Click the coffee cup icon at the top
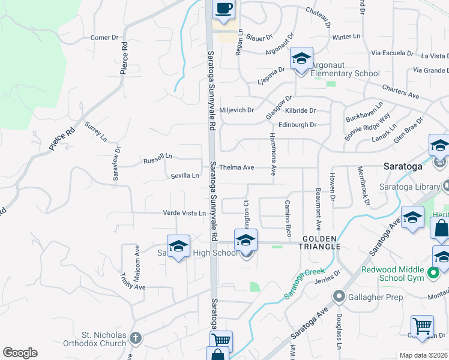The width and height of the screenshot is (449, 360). pyautogui.click(x=224, y=9)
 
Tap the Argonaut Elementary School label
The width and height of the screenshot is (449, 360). pyautogui.click(x=345, y=74)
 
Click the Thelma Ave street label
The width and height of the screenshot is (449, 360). pyautogui.click(x=237, y=167)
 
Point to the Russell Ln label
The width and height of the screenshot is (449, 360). pyautogui.click(x=157, y=161)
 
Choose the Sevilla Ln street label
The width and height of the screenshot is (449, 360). pyautogui.click(x=184, y=176)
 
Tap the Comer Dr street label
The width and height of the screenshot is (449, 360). pyautogui.click(x=104, y=38)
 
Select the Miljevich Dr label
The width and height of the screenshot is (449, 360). pyautogui.click(x=237, y=110)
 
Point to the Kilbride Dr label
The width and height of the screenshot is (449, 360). pyautogui.click(x=301, y=111)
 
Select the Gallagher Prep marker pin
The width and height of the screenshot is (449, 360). pyautogui.click(x=339, y=296)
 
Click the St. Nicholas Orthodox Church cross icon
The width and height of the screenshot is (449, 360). pyautogui.click(x=136, y=338)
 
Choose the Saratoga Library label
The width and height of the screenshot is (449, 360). pyautogui.click(x=409, y=187)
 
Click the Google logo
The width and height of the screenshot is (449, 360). pyautogui.click(x=20, y=353)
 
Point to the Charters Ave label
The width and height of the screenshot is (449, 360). pyautogui.click(x=400, y=92)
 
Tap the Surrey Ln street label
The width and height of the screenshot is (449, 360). pyautogui.click(x=96, y=132)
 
